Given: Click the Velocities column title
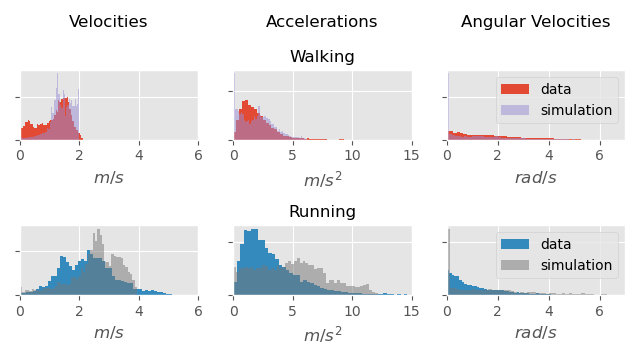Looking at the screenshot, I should (x=108, y=22).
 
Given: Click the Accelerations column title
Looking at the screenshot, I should (x=321, y=22).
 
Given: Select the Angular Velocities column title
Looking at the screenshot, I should (x=535, y=22).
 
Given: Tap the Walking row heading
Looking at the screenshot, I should (x=322, y=57).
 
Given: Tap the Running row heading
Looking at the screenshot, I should (x=322, y=212).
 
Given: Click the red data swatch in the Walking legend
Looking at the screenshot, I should (x=515, y=89).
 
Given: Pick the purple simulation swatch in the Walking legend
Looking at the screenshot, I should (x=515, y=110).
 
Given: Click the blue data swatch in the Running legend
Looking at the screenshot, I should (x=515, y=244).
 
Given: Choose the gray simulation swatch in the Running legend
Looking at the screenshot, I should (x=515, y=265).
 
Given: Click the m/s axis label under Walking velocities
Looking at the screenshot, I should (x=109, y=178).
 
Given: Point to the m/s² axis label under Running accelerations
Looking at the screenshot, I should (x=322, y=334).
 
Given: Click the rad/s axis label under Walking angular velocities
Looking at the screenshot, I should (x=535, y=178).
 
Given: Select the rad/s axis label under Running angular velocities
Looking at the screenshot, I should (x=535, y=333).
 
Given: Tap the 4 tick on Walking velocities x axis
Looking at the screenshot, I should (x=139, y=155).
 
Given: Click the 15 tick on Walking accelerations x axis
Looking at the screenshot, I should (x=411, y=155).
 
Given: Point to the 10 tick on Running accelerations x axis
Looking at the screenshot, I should (x=352, y=310).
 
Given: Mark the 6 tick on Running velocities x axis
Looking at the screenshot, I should (x=198, y=310).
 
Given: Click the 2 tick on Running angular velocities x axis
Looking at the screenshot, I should (x=498, y=310).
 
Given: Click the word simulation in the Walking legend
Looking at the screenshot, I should (x=576, y=110).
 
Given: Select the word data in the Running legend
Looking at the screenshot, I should (x=556, y=244).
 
